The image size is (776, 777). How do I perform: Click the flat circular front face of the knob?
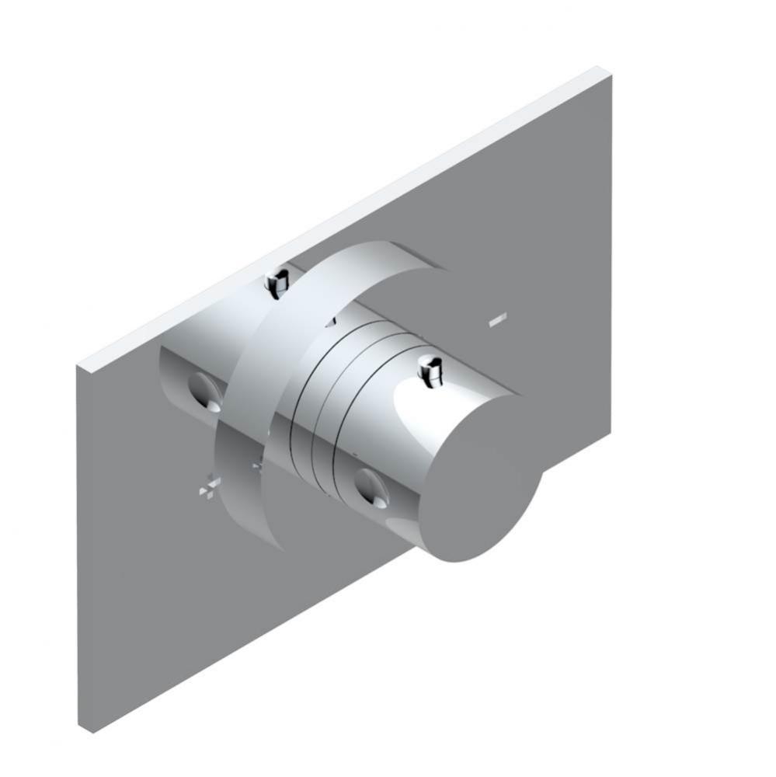click(x=483, y=490)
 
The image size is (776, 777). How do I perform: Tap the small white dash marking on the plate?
click(x=498, y=318)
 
